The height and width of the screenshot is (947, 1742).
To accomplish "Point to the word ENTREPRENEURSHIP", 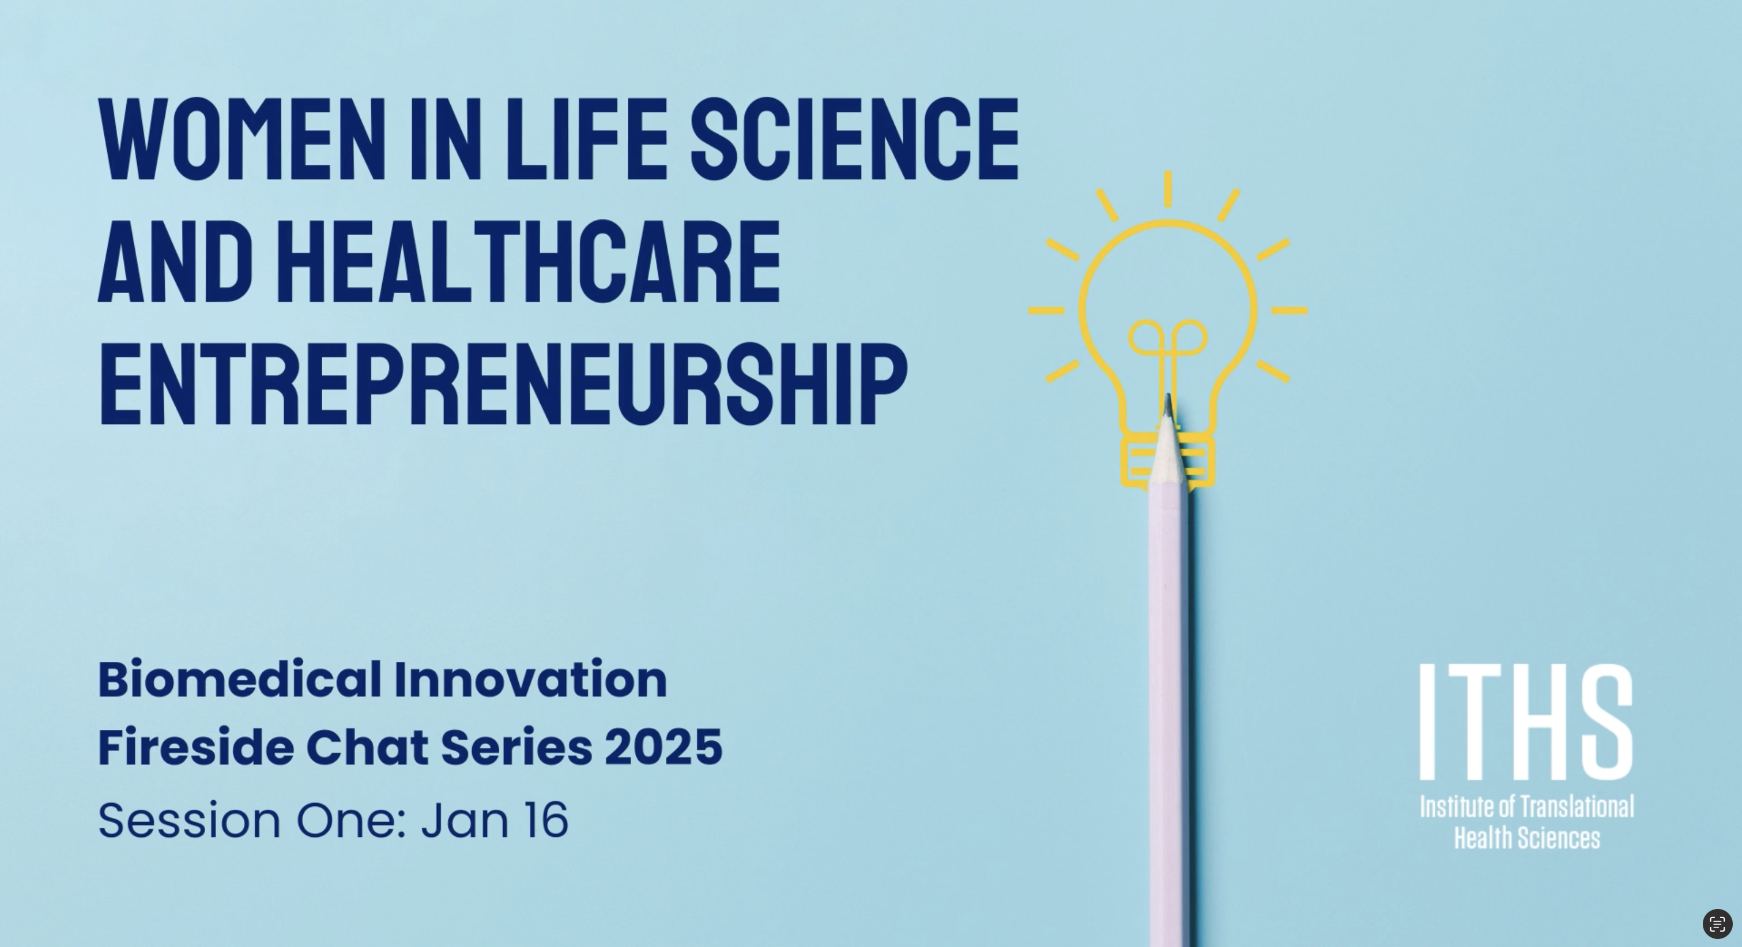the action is click(503, 385).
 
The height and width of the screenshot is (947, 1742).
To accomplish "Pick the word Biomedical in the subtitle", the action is click(240, 680).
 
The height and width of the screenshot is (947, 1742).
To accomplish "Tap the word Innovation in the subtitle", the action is click(531, 680).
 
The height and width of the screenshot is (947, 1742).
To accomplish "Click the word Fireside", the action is click(196, 747).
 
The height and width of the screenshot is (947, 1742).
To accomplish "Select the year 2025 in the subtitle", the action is click(663, 748).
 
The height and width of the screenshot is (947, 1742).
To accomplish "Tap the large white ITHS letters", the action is click(1526, 722).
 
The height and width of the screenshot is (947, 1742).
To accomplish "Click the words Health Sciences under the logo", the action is click(1527, 838).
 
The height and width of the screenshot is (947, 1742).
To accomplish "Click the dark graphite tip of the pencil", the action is click(1168, 405).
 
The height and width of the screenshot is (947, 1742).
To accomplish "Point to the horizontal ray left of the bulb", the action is click(1046, 311).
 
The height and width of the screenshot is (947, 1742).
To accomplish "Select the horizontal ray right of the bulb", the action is click(1289, 311).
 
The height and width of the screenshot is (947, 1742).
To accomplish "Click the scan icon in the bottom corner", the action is click(1718, 924).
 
